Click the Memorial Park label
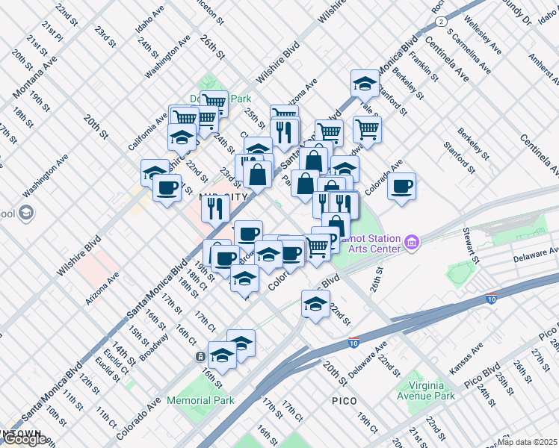click(x=201, y=400)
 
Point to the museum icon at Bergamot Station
click(x=410, y=242)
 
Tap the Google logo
click(x=24, y=439)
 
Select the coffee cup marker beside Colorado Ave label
click(x=401, y=186)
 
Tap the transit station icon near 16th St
click(x=202, y=357)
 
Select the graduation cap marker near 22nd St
click(x=315, y=304)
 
